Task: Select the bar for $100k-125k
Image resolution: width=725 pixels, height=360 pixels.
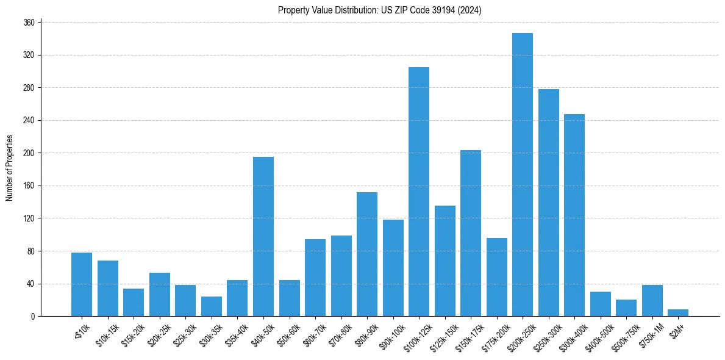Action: (x=419, y=192)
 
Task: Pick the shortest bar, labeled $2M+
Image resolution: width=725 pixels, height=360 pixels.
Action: (x=678, y=313)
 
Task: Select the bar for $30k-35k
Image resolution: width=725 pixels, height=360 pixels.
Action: (x=212, y=306)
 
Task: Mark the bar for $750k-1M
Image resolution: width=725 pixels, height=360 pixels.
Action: (x=652, y=301)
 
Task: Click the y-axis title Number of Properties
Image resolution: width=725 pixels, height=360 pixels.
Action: (x=9, y=168)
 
